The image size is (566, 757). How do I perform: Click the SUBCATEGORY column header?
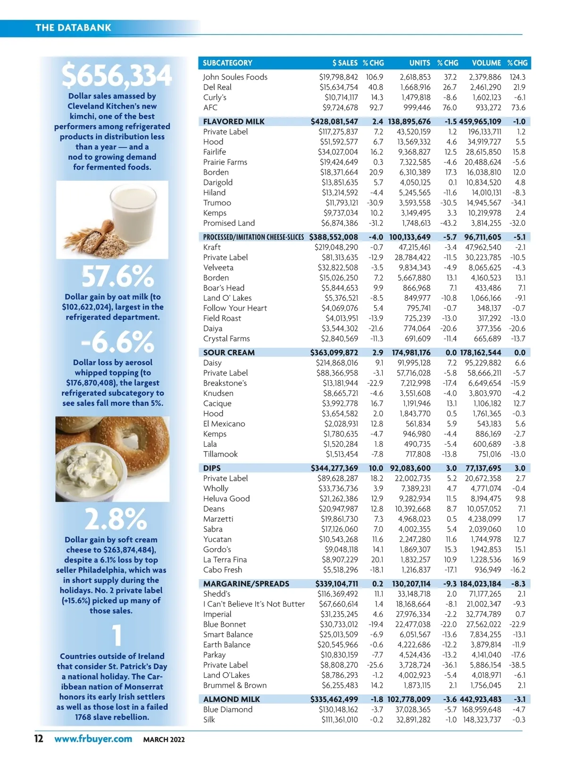[x=227, y=63]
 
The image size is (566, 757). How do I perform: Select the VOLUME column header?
[x=486, y=63]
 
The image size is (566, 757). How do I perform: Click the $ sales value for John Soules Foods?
[x=338, y=77]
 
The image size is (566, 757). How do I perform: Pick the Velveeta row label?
[x=218, y=268]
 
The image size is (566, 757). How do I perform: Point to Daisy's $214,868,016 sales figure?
[x=337, y=363]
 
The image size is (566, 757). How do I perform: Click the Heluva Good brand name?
[x=226, y=499]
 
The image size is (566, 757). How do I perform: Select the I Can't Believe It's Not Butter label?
[x=254, y=604]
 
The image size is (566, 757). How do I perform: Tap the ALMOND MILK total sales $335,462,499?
[x=334, y=699]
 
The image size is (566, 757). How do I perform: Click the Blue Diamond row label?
[x=228, y=709]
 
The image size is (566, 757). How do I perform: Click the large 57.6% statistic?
[x=117, y=277]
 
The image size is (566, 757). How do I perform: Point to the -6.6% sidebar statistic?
[x=117, y=342]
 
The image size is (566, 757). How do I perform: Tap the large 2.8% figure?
[x=116, y=519]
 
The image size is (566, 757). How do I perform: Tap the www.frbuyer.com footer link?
[x=93, y=739]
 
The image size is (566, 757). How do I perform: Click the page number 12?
[x=39, y=739]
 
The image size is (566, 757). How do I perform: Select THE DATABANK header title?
[x=73, y=28]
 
